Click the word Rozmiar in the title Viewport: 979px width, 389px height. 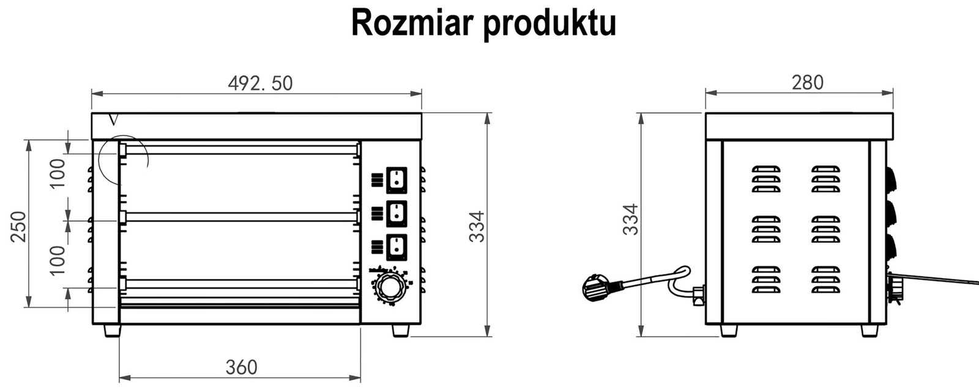(412, 23)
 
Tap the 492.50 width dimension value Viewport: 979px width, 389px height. (260, 83)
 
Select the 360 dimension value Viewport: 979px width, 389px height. (241, 367)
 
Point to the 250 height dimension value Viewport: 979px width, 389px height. (19, 226)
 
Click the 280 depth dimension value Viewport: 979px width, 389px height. (807, 82)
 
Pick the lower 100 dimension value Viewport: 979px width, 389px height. (58, 260)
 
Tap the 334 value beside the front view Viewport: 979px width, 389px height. (477, 226)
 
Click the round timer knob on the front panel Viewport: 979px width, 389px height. (390, 286)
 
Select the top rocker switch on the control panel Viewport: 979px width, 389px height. (396, 179)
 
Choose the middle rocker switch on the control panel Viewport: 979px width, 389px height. (396, 213)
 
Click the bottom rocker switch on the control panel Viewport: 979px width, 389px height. (396, 247)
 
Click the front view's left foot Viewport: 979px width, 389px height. (112, 330)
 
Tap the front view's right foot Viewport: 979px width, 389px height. (400, 330)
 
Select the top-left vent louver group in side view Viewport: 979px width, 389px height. (765, 178)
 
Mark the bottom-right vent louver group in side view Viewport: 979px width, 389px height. (825, 279)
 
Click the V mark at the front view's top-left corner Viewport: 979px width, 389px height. (112, 119)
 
